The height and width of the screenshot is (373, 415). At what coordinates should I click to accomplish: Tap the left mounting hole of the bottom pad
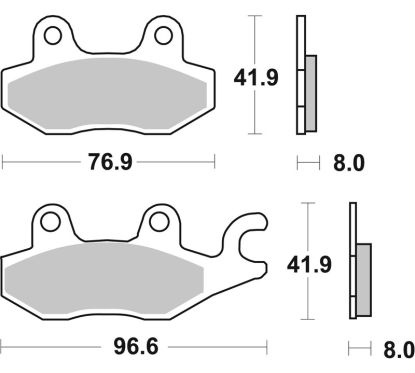coord(49,223)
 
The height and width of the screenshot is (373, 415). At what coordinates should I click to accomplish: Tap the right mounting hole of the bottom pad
coord(157,223)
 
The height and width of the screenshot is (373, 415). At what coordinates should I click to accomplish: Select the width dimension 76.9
coord(108,161)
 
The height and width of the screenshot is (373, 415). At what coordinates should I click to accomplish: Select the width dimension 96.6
coord(121,349)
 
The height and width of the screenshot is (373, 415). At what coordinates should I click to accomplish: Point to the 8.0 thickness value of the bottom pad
coord(397,349)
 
